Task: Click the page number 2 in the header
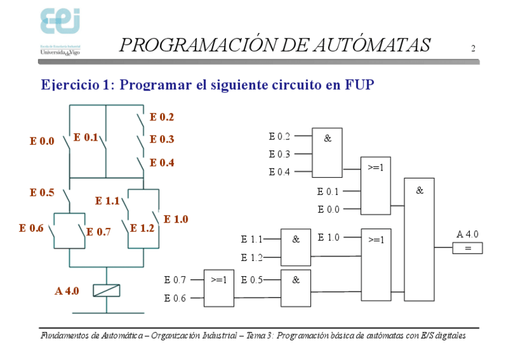click(x=473, y=49)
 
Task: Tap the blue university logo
click(x=60, y=23)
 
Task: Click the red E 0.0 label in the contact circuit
click(x=42, y=141)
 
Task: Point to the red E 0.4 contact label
click(x=162, y=163)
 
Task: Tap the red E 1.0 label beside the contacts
click(x=176, y=219)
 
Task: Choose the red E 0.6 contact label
click(x=31, y=228)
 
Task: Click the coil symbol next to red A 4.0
click(x=106, y=290)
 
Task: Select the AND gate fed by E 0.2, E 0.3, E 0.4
click(x=327, y=153)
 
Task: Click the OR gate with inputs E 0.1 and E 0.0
click(x=376, y=186)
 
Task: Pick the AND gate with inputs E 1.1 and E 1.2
click(x=296, y=247)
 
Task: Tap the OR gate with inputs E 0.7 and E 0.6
click(x=219, y=288)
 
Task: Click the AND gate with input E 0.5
click(x=296, y=288)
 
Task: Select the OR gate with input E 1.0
click(x=376, y=264)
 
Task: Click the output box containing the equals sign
click(x=467, y=248)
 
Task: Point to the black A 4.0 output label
click(x=467, y=234)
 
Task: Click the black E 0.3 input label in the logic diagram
click(x=279, y=154)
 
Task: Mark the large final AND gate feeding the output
click(x=419, y=239)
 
